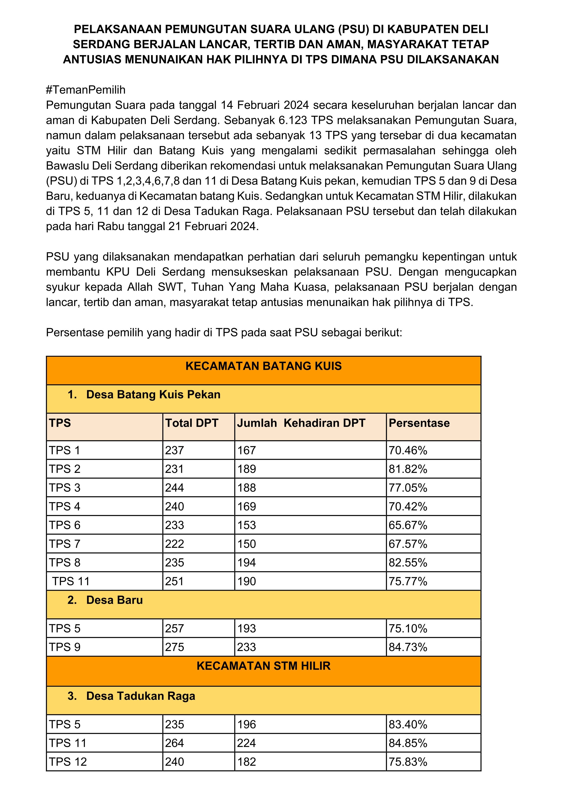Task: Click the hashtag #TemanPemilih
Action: pos(86,90)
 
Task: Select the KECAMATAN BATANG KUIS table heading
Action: pos(264,366)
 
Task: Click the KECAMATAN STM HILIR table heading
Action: pos(264,666)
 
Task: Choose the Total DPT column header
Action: pos(192,423)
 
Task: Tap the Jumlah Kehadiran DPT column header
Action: pos(301,423)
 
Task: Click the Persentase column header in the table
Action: pos(419,423)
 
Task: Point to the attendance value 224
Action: pos(247,743)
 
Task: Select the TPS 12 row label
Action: pos(68,762)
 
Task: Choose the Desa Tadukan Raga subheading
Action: pos(140,696)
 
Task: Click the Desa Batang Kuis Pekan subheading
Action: pos(153,395)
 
